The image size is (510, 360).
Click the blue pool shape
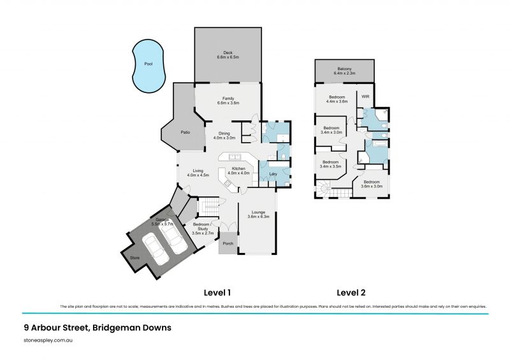[x=148, y=66]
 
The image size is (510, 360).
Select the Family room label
[x=228, y=100]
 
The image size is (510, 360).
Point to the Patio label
[x=185, y=132]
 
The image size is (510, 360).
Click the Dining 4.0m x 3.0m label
[x=224, y=136]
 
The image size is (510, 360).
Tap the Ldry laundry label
[x=273, y=174]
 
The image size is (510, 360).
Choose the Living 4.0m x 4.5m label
[x=198, y=173]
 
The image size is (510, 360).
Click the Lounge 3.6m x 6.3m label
[x=258, y=214]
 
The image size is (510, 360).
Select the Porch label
[x=227, y=243]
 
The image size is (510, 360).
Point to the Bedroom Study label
[x=202, y=228]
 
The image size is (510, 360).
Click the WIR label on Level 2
[x=365, y=96]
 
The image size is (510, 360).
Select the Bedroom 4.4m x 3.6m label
[x=337, y=99]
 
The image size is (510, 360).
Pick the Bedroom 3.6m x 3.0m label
[x=372, y=184]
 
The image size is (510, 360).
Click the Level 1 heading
[x=217, y=292]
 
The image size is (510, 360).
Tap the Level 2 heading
[x=351, y=292]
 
